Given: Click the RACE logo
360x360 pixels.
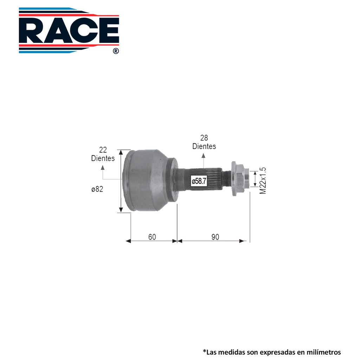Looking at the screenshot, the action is [69, 30].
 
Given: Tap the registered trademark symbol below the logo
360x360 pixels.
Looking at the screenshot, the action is [116, 51].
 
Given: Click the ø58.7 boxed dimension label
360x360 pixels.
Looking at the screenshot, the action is [199, 181].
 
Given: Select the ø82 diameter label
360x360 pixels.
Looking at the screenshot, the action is [97, 189].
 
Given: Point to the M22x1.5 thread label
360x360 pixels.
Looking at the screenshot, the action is [263, 181].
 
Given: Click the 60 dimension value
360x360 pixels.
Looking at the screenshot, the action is [152, 237].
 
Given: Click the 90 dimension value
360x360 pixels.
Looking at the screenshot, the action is [215, 237].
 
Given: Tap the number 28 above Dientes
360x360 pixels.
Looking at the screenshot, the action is [204, 138].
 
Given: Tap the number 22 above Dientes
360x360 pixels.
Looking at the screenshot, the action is [103, 150].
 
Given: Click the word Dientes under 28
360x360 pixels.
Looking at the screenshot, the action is [204, 146].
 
